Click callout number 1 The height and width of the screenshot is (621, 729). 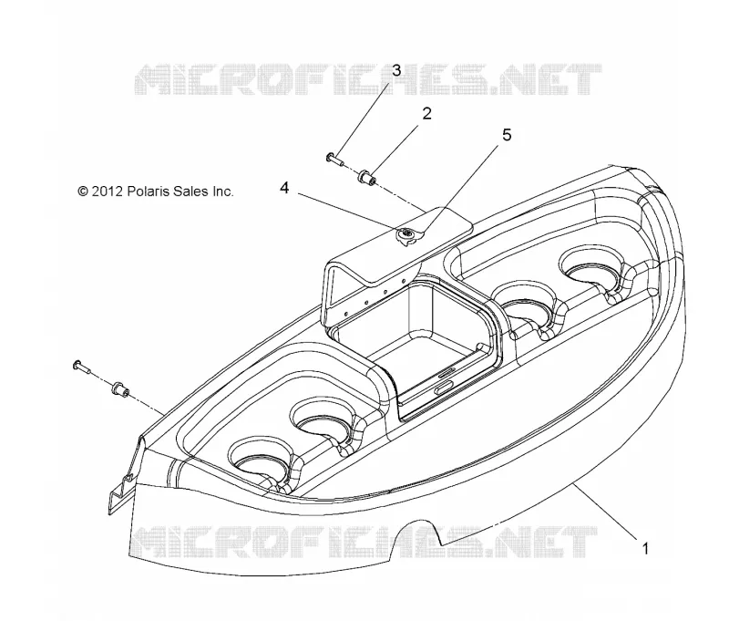[645, 549]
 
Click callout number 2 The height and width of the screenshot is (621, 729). [426, 113]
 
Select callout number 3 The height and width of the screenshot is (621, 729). [396, 71]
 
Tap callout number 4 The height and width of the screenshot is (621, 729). [284, 188]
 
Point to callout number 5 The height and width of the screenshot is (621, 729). [507, 135]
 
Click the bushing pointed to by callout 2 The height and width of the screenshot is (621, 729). [367, 178]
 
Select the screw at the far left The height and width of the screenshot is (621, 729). [82, 366]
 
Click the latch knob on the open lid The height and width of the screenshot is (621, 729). [407, 236]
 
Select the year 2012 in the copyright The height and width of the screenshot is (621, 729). [107, 191]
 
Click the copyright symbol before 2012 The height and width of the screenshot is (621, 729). [83, 191]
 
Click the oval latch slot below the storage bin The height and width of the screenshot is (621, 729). [446, 387]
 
